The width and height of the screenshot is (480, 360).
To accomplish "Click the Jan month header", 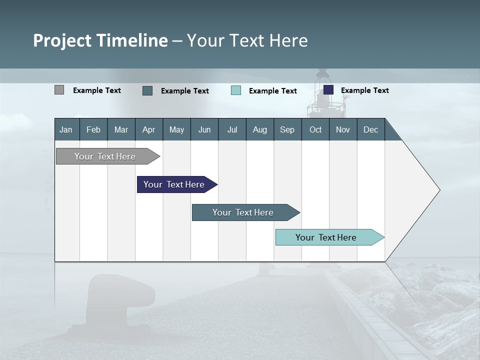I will [x=66, y=129].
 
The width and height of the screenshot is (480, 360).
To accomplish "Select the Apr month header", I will [x=149, y=129].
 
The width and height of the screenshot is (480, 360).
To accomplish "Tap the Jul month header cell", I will [x=232, y=129].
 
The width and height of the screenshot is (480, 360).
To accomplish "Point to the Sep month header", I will [x=287, y=129].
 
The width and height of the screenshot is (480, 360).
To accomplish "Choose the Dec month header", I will [x=370, y=129].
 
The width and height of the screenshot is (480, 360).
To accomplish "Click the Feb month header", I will [x=93, y=129].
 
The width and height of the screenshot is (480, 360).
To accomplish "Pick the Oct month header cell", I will [x=315, y=129].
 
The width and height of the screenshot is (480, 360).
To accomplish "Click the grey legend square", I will [x=59, y=90].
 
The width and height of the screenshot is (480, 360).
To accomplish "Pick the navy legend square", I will [x=328, y=90].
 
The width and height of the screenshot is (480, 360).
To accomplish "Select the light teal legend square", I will [x=236, y=90].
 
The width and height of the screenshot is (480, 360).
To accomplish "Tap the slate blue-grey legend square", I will [x=147, y=90].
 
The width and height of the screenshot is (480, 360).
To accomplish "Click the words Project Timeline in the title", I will [x=100, y=40].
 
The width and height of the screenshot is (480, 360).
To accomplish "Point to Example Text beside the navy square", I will [x=364, y=90].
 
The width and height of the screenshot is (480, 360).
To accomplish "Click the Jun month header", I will [x=204, y=129].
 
